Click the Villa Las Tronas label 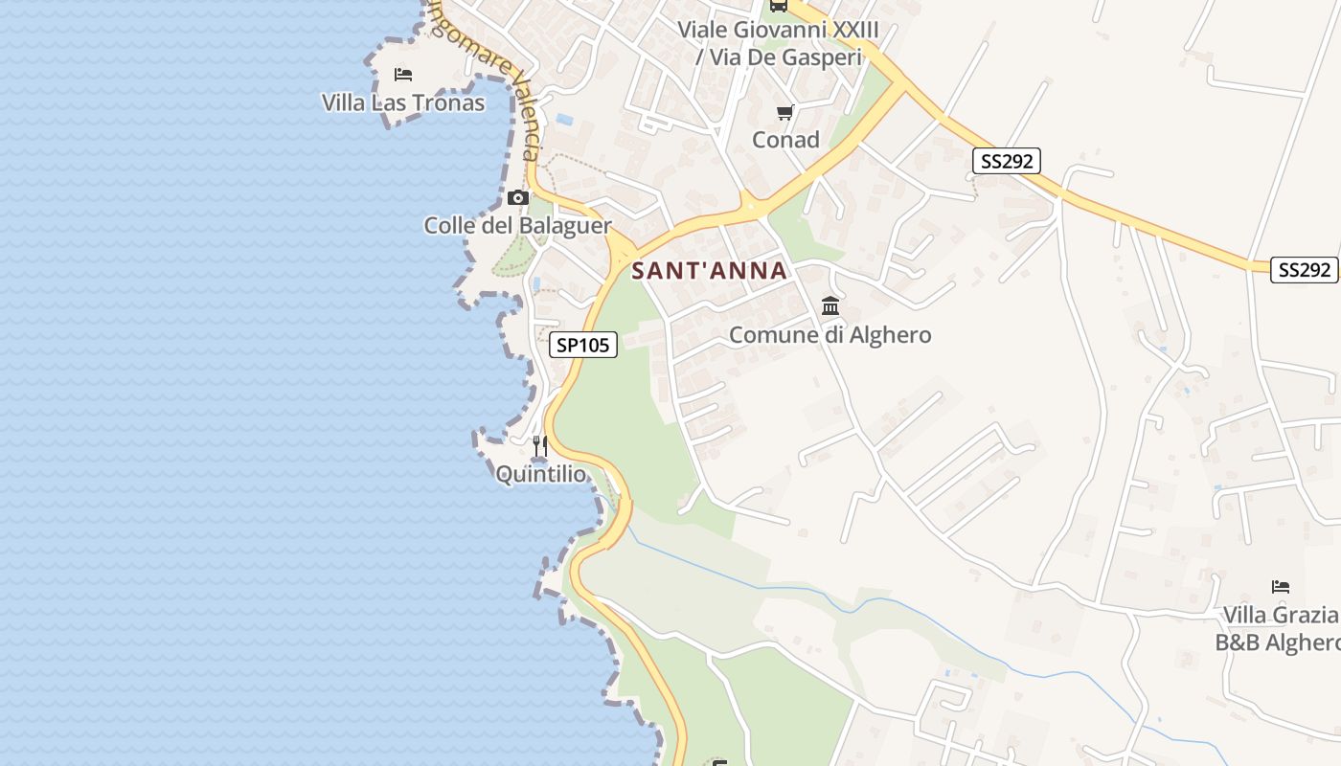tap(403, 101)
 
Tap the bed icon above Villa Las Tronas tap(403, 74)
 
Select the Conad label tap(785, 140)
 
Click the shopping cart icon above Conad tap(785, 112)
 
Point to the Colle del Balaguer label tap(517, 226)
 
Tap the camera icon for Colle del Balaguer tap(518, 198)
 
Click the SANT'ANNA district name tap(710, 271)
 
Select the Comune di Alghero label tap(830, 335)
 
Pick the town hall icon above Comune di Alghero tap(830, 306)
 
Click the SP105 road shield tap(583, 345)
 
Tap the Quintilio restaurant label tap(540, 474)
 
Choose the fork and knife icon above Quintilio tap(540, 446)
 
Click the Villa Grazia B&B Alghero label tap(1279, 628)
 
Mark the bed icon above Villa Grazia tap(1281, 586)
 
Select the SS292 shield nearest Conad tap(1006, 161)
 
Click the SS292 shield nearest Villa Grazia tap(1304, 270)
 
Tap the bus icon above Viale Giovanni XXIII tap(778, 5)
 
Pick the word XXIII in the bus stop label tap(855, 30)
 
